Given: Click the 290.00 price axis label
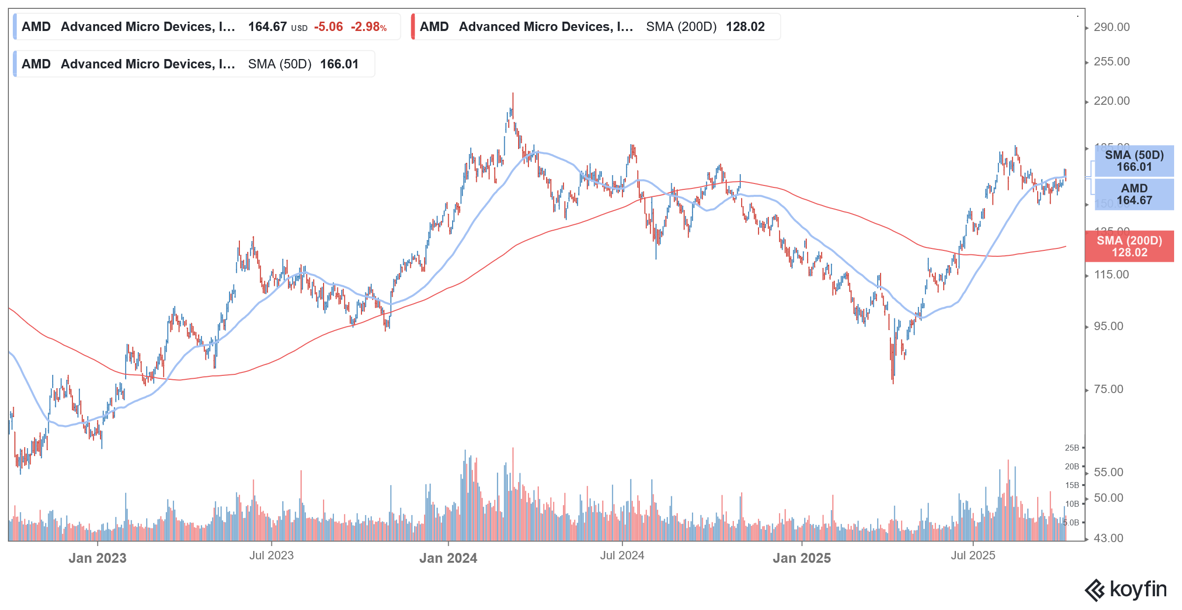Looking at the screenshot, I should [1112, 27].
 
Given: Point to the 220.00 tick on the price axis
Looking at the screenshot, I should [1112, 101].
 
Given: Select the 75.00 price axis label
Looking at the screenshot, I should [1108, 389].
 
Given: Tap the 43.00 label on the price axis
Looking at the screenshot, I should [1108, 538].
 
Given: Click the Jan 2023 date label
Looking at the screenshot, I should [98, 558].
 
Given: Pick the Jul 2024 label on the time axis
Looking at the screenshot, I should [622, 555].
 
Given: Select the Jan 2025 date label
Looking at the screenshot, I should [801, 558].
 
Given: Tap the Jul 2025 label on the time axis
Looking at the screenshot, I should [973, 555].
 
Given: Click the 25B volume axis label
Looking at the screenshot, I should [1072, 448].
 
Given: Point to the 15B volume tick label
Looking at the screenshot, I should [1072, 485].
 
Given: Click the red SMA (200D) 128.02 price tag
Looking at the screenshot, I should [1129, 246].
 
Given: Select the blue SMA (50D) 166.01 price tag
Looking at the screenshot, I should [1134, 161].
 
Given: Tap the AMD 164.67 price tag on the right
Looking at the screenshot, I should [1134, 194].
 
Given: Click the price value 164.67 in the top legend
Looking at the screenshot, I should [267, 27].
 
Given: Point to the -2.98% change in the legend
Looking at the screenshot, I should [368, 27].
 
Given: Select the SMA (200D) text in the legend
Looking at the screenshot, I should [681, 27].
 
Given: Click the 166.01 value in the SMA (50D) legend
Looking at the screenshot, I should [339, 64].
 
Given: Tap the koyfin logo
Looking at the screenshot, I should [1126, 589].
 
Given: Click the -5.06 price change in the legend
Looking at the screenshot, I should [328, 27].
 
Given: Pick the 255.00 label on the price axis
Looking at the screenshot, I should [1112, 61].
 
